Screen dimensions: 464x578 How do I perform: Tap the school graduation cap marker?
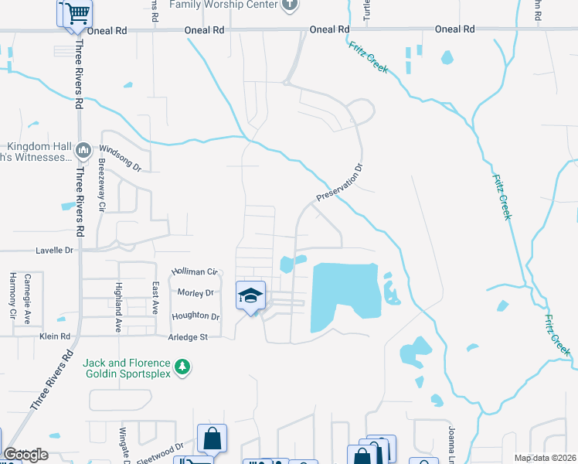(250, 295)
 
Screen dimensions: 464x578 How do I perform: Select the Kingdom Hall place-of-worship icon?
(84, 148)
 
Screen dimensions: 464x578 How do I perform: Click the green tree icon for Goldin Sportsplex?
(182, 367)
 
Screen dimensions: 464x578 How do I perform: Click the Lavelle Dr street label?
(54, 251)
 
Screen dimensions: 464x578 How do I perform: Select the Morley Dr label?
(195, 293)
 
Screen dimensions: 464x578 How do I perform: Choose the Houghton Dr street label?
(195, 316)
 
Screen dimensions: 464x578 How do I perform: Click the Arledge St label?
(189, 337)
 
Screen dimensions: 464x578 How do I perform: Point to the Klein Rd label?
(55, 336)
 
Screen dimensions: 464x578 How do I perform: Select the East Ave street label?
(155, 298)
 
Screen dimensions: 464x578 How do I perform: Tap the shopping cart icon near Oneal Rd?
(75, 14)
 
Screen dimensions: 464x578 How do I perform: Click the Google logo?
(25, 455)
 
